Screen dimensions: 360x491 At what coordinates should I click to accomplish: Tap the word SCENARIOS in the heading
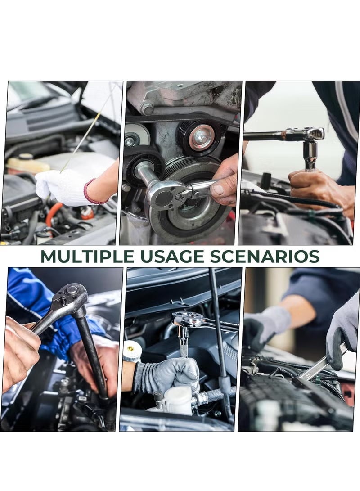265,257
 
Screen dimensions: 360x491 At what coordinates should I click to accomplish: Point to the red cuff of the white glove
91,192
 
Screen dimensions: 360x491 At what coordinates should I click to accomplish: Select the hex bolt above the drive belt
147,108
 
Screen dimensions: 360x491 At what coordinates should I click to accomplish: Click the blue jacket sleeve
47,310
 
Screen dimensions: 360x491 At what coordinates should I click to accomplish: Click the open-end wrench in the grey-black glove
323,363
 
